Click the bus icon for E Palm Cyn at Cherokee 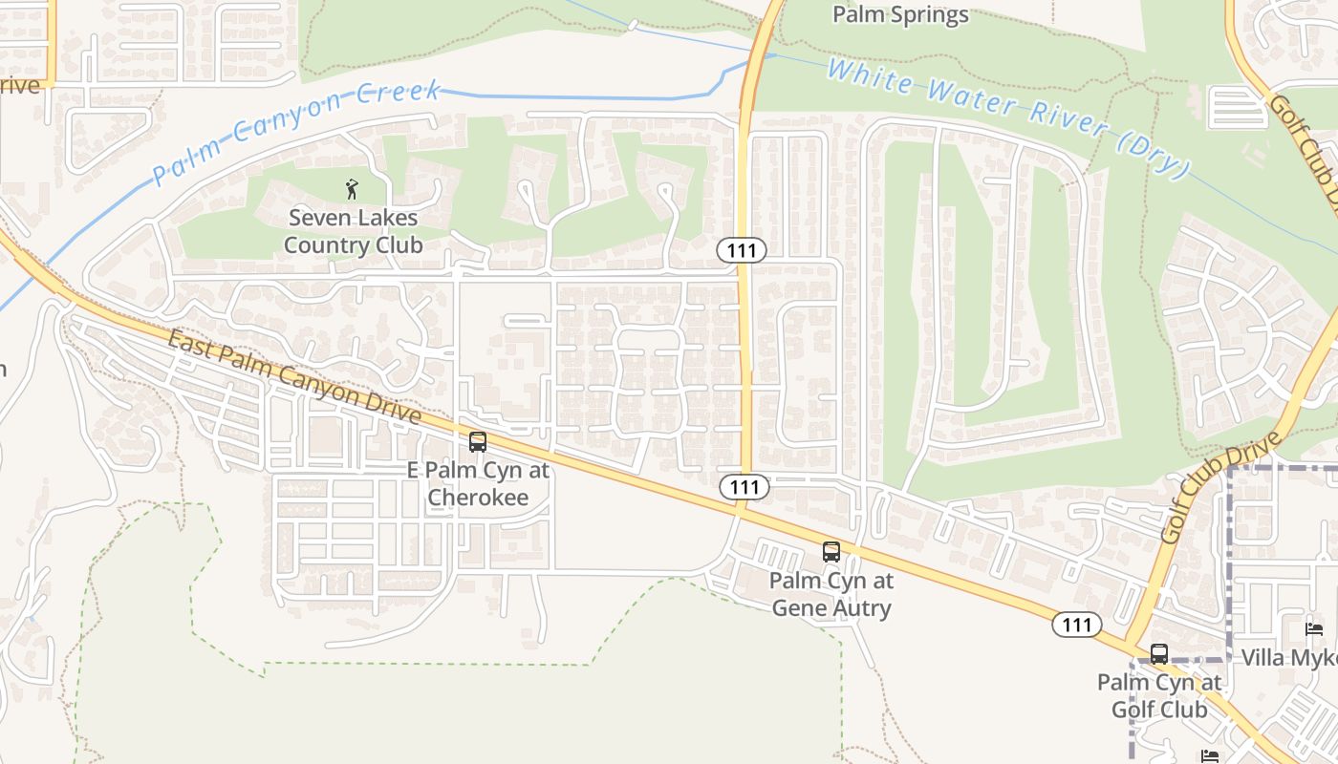click(478, 442)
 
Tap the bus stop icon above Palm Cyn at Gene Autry click(831, 552)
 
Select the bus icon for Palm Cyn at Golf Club click(1159, 654)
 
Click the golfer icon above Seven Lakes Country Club click(353, 189)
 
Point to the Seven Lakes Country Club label click(354, 231)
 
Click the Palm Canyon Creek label click(296, 132)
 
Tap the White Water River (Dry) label click(1008, 117)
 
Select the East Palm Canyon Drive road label click(295, 377)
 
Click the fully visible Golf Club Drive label click(1220, 487)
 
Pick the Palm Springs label click(900, 14)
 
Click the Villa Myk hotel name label click(1288, 658)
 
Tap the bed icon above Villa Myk click(1315, 629)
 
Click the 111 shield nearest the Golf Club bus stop click(1077, 625)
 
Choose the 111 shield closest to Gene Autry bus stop click(744, 487)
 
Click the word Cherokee click(478, 497)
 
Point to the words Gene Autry click(831, 607)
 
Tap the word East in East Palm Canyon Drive click(189, 344)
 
